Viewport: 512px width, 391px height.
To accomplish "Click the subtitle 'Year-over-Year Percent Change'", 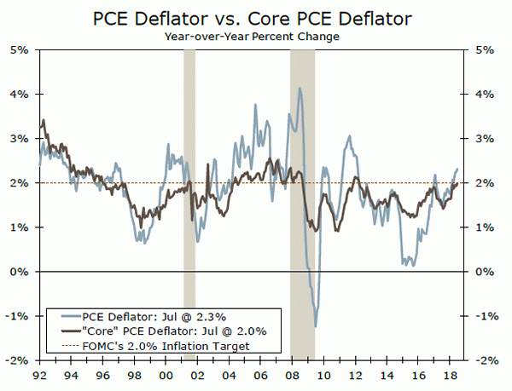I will pyautogui.click(x=255, y=36).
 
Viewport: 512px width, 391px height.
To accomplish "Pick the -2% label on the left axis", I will pyautogui.click(x=20, y=360).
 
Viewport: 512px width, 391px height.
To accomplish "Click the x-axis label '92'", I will pyautogui.click(x=38, y=374).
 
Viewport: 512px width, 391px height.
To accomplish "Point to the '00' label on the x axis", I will pyautogui.click(x=164, y=374).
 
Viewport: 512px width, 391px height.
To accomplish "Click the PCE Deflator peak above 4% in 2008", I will pyautogui.click(x=300, y=88).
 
